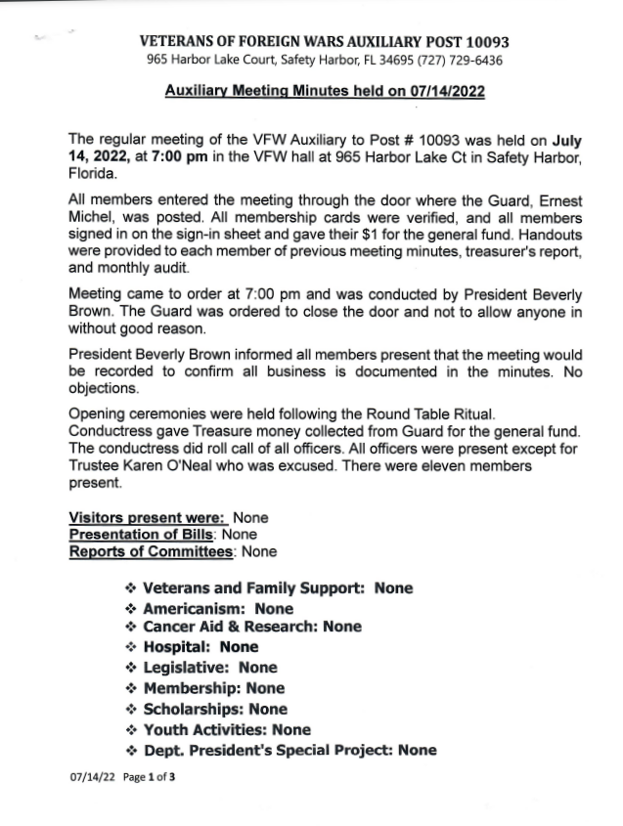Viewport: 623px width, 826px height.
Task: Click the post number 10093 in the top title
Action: pyautogui.click(x=482, y=43)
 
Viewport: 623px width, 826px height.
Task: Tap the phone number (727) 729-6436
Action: pyautogui.click(x=462, y=61)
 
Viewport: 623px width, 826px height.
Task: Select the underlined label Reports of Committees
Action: pyautogui.click(x=152, y=551)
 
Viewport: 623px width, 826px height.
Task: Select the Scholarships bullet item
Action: pyautogui.click(x=195, y=709)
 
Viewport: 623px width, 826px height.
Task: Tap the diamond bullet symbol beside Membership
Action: pyautogui.click(x=130, y=688)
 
